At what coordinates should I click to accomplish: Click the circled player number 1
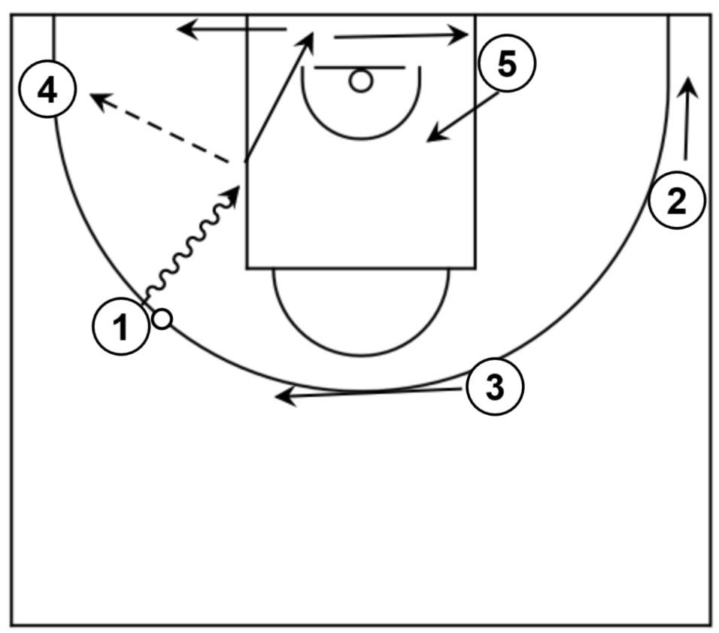tap(120, 328)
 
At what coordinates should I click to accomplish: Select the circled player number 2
tap(677, 201)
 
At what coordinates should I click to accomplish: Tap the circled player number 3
tap(494, 388)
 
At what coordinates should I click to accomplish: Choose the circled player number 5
tap(507, 65)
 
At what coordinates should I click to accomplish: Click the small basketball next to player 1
tap(162, 319)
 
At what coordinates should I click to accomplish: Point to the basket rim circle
tap(361, 80)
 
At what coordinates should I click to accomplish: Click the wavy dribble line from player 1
tap(188, 248)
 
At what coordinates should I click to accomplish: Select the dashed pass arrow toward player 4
tap(158, 128)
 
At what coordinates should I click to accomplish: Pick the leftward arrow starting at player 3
tap(369, 392)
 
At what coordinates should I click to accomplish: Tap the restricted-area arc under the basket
tap(361, 137)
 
